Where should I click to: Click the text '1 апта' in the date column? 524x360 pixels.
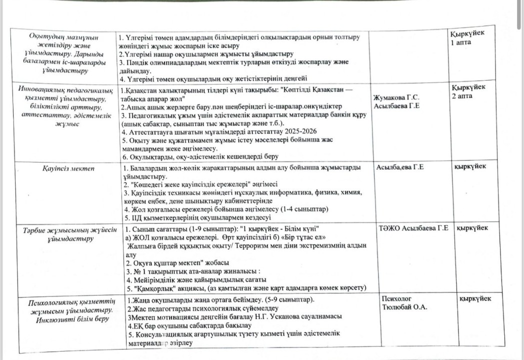460,42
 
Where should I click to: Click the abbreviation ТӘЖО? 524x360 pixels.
388,228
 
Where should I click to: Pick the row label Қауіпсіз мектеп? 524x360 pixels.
65,169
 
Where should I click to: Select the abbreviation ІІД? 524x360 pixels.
133,217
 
